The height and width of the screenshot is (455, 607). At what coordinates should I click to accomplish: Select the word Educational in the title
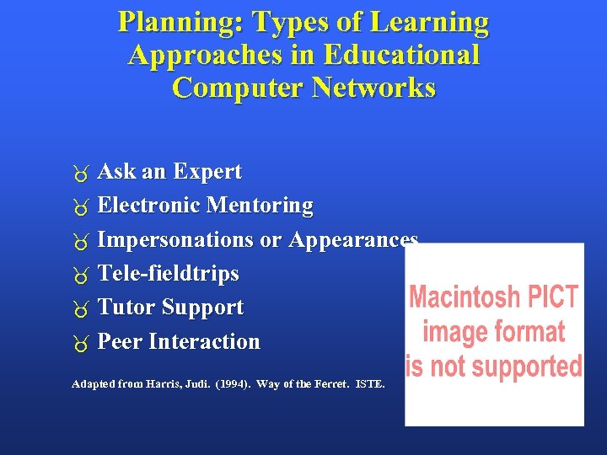[401, 56]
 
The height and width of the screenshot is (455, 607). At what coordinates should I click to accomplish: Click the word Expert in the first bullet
[207, 172]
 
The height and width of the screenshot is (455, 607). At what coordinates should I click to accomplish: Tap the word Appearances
[353, 240]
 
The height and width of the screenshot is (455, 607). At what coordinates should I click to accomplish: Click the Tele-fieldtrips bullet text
[169, 274]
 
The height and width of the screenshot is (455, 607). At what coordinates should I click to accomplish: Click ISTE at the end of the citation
[369, 384]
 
